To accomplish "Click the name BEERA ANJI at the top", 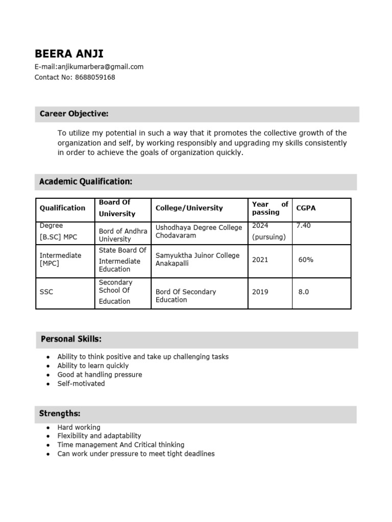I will (x=68, y=54).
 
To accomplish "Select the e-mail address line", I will (x=89, y=67).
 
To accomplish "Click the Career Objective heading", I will (x=74, y=114).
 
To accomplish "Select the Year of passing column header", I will (x=270, y=208).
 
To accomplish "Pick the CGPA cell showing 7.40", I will (x=303, y=226).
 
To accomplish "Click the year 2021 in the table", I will (x=260, y=260).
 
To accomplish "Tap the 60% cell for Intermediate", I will (x=306, y=260).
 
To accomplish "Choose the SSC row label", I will (x=46, y=293).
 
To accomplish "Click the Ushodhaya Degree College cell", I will (x=199, y=232).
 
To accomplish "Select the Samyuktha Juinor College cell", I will (x=197, y=259).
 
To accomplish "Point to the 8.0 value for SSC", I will (x=304, y=293).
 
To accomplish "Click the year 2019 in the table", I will (x=260, y=293).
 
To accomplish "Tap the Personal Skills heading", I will (x=71, y=339).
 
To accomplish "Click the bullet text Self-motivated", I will (x=81, y=383).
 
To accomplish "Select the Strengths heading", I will (x=60, y=413).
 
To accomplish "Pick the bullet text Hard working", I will (x=79, y=427).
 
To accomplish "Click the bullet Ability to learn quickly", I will (x=93, y=366).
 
